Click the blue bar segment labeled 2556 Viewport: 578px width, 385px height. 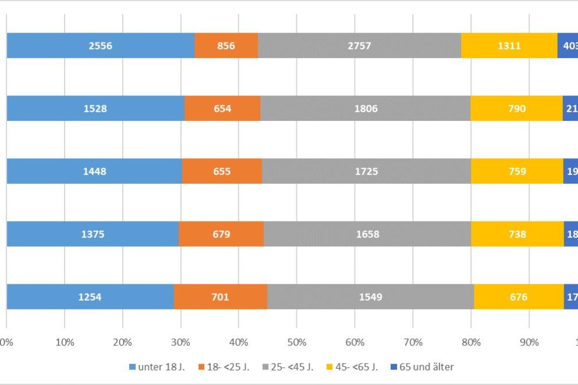[100, 45]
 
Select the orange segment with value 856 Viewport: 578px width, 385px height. [226, 45]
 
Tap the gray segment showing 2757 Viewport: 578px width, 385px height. [359, 45]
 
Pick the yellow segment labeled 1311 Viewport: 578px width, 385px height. [509, 45]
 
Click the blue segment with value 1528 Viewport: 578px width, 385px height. [95, 108]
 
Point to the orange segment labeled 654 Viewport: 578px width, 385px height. [222, 108]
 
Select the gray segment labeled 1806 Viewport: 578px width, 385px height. [365, 108]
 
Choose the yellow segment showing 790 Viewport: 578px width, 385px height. [516, 108]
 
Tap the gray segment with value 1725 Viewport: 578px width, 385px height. [366, 171]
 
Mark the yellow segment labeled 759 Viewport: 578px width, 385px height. [517, 171]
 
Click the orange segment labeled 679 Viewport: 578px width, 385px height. [221, 234]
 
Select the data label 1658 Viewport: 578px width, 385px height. [367, 234]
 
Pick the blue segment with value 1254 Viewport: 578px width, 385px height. [90, 297]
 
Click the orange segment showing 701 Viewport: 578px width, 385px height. [220, 297]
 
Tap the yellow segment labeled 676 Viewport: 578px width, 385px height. [519, 297]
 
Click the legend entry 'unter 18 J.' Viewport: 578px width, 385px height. [155, 367]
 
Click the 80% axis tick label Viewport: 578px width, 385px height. [471, 343]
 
